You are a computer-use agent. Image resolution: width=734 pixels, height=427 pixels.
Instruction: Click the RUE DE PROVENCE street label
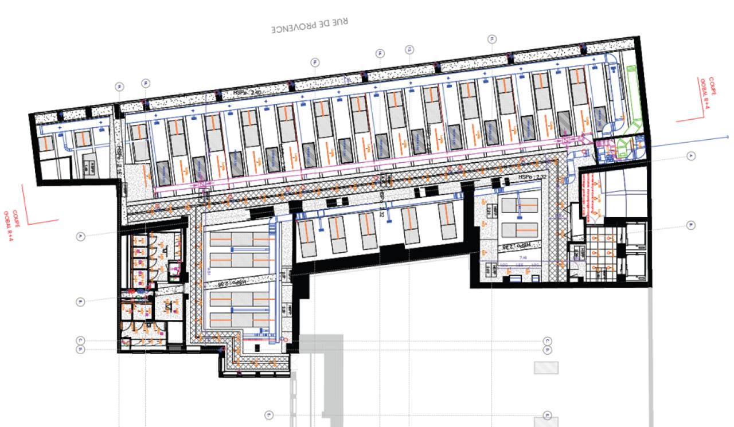click(x=310, y=26)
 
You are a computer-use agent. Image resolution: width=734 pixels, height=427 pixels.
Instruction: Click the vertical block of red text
click(x=585, y=195)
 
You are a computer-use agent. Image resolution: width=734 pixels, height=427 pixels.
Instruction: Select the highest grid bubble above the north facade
click(x=491, y=39)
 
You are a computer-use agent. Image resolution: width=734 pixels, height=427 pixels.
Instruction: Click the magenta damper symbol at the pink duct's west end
click(x=203, y=184)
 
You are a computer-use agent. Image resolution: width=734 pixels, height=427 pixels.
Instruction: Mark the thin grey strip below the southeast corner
click(x=650, y=355)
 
